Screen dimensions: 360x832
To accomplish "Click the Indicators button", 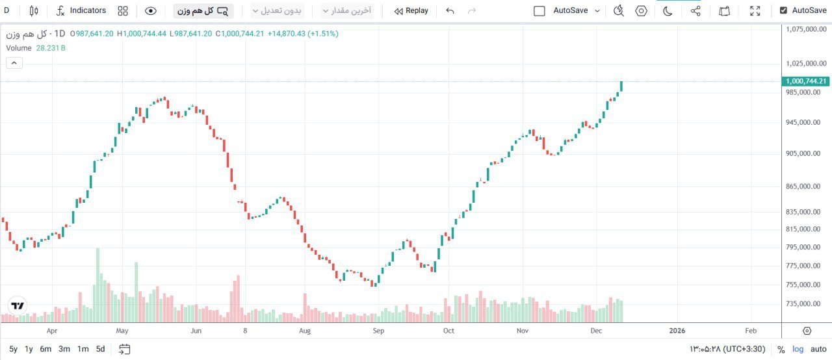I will (x=81, y=10).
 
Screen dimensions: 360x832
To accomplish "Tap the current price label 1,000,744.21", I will (x=806, y=81).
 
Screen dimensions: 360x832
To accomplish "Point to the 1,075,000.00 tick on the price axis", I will (x=807, y=29).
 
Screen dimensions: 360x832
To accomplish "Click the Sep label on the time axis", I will (x=378, y=331).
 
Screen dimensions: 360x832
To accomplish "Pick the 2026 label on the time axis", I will (x=677, y=331).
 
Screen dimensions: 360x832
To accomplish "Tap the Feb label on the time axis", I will (x=751, y=331).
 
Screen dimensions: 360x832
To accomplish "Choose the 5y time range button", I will (x=14, y=349).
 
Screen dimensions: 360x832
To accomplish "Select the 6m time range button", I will (x=45, y=349).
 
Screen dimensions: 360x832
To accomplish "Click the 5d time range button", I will (x=100, y=349).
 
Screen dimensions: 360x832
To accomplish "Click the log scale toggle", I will (x=798, y=350).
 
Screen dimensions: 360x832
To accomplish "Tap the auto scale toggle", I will (x=818, y=350).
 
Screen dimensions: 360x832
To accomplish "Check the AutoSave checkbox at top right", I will (x=783, y=10).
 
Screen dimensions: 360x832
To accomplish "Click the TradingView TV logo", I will (x=18, y=306).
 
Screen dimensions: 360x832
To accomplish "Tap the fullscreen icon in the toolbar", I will (x=755, y=10).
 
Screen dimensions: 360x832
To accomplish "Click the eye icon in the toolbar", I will (x=151, y=10).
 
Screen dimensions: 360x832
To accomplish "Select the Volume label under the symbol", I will (x=19, y=48).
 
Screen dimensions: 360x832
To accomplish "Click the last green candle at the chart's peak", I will (x=621, y=86).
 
